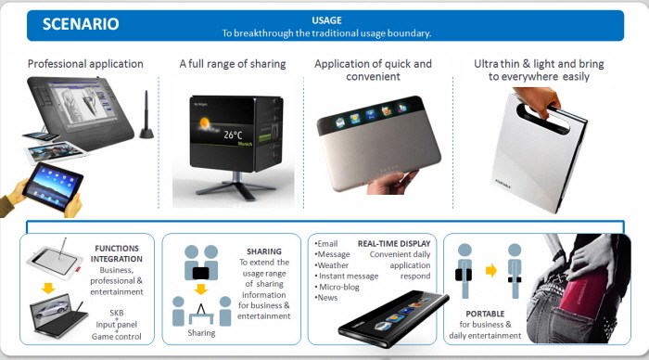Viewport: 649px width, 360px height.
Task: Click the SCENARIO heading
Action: pos(81,24)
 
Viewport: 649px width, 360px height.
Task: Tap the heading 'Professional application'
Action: pos(85,64)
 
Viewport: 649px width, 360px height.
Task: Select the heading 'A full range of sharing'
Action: pos(233,64)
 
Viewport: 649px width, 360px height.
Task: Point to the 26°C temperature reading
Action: pos(233,135)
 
